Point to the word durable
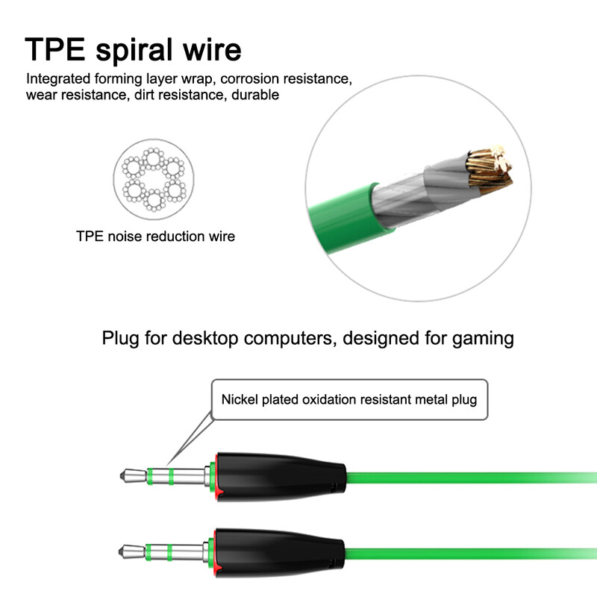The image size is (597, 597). [x=255, y=95]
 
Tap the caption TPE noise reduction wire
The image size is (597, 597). [x=155, y=237]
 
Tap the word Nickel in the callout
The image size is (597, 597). [x=239, y=399]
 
